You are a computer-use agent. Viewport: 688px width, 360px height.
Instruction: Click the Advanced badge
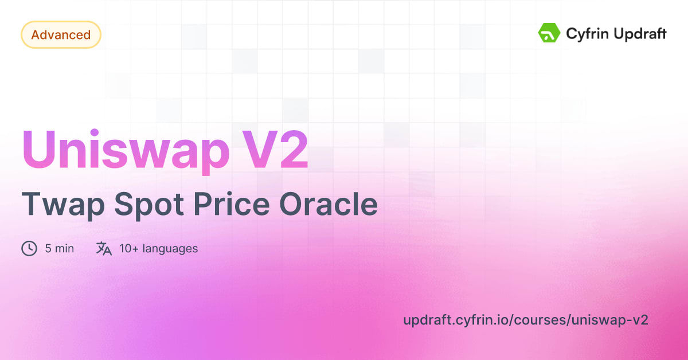pos(61,35)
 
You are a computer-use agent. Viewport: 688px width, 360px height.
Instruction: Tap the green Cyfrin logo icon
pos(549,33)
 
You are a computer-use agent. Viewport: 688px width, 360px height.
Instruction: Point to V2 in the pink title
pos(283,150)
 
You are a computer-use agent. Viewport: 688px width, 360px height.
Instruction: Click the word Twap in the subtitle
pos(57,205)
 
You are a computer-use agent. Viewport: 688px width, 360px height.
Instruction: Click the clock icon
pos(29,249)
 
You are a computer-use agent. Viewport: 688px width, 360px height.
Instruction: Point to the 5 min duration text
pos(60,249)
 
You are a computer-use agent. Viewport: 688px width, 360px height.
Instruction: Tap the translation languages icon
pos(104,249)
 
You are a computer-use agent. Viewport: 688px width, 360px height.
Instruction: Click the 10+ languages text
pos(159,249)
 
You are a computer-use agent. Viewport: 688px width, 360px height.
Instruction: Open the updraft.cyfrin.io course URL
pos(526,320)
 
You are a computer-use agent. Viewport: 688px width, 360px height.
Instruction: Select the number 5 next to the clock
pos(48,249)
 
